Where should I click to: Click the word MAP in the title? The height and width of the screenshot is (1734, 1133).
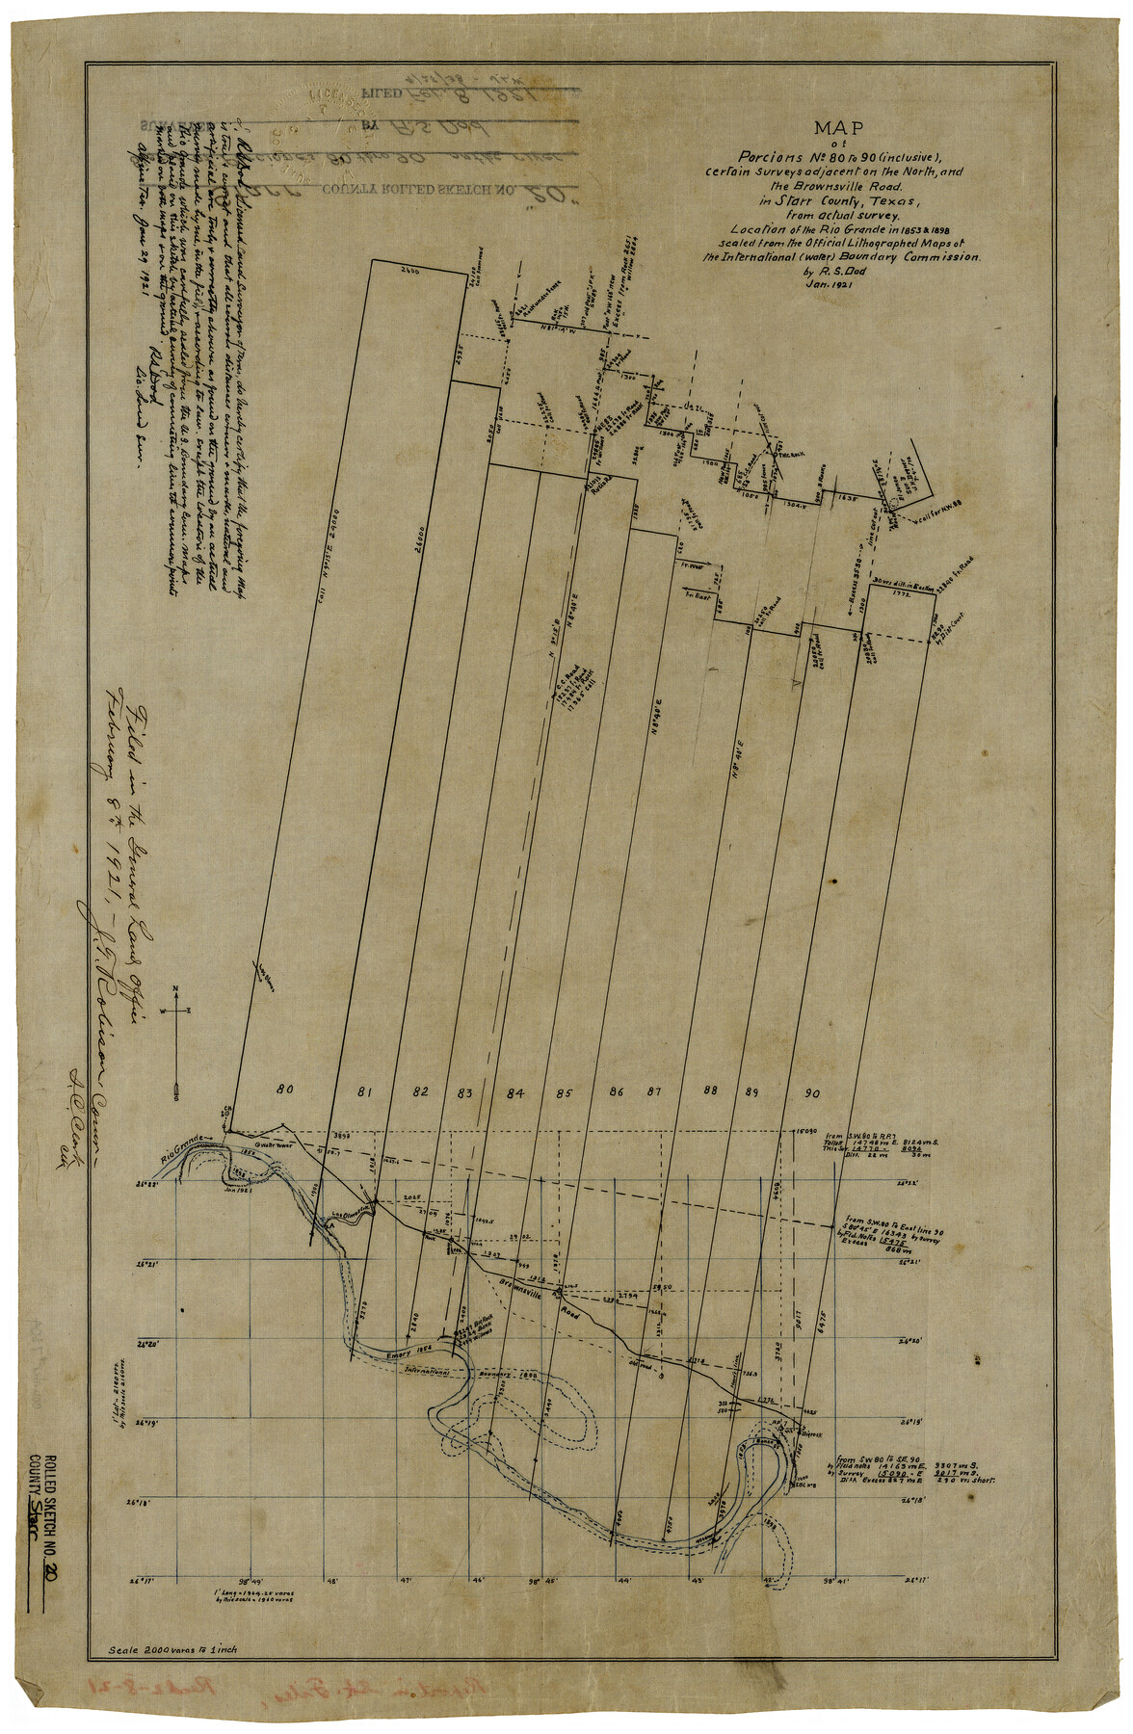tap(838, 127)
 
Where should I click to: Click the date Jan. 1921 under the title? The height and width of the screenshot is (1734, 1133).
tap(834, 284)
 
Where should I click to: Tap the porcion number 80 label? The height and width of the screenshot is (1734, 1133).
tap(284, 1090)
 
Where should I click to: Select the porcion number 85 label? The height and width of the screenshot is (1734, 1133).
tap(563, 1092)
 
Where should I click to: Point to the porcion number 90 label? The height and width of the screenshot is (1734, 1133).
tap(811, 1092)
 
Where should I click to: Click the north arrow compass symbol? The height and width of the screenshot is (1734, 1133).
tap(176, 1040)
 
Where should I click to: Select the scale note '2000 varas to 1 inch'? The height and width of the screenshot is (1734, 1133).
tap(173, 1649)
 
